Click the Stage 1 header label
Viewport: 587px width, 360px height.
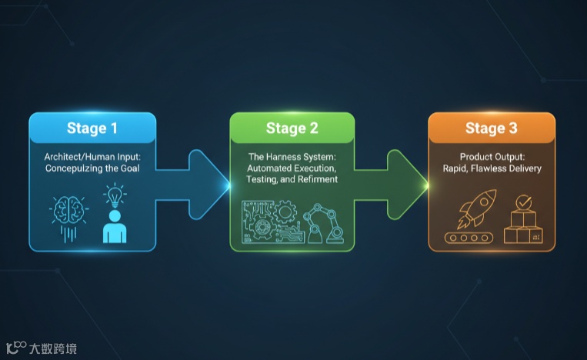point(92,128)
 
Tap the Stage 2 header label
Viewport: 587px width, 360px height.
point(292,128)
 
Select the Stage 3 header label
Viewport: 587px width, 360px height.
point(492,128)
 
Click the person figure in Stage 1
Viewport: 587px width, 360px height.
point(115,223)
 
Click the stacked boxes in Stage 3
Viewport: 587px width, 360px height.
point(523,229)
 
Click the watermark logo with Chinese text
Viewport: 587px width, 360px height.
point(42,348)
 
